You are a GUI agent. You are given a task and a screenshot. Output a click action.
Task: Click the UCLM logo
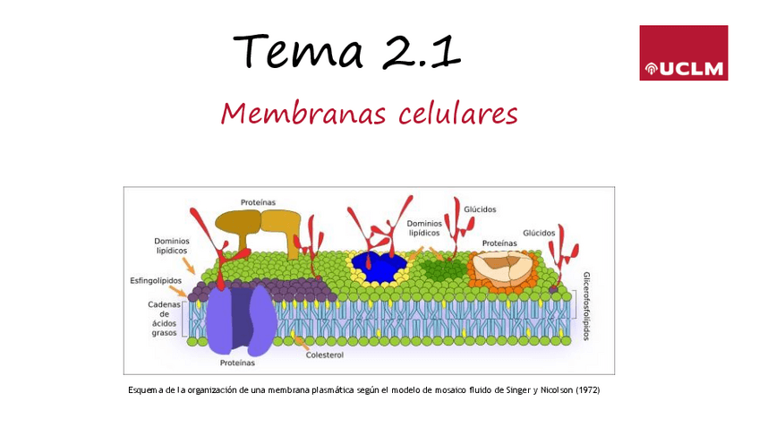coord(683,53)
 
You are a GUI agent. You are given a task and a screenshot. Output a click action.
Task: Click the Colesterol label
coord(324,354)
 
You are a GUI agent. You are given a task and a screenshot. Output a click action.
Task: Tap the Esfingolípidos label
coord(156,280)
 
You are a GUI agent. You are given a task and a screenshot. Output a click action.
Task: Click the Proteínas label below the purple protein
coord(237,363)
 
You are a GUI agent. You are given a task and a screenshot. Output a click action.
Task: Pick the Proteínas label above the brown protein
coord(258,201)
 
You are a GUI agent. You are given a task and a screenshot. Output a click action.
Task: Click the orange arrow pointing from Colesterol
coord(302,341)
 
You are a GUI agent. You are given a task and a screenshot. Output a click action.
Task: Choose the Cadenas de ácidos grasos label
coord(165,319)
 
